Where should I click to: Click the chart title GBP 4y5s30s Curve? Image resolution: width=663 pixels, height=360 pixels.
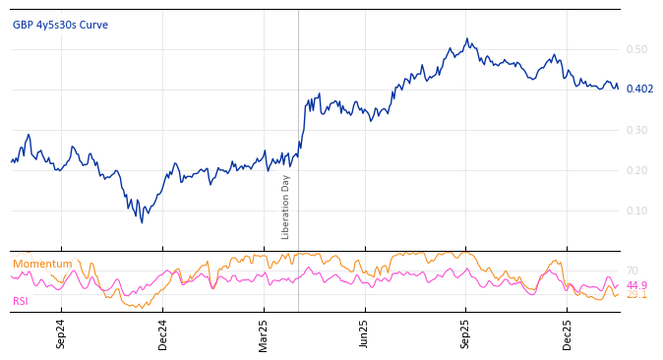pyautogui.click(x=60, y=25)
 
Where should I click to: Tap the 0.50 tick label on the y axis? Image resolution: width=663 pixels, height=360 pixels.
pyautogui.click(x=636, y=49)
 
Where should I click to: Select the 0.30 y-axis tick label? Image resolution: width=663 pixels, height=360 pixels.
pyautogui.click(x=636, y=130)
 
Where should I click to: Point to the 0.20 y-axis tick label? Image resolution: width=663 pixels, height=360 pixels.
pyautogui.click(x=636, y=170)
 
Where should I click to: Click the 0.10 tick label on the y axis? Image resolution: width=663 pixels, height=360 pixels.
pyautogui.click(x=636, y=210)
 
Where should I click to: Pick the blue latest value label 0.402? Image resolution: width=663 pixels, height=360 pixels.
pyautogui.click(x=639, y=90)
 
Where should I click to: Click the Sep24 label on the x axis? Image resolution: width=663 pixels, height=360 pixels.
pyautogui.click(x=61, y=333)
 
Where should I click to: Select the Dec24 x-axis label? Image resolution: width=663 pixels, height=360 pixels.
pyautogui.click(x=163, y=333)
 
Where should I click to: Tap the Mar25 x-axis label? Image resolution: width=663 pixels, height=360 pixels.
pyautogui.click(x=264, y=333)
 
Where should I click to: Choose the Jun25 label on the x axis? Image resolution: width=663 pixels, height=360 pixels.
pyautogui.click(x=365, y=333)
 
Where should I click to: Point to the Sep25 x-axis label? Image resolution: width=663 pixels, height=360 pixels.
pyautogui.click(x=466, y=333)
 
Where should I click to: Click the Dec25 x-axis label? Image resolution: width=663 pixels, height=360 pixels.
pyautogui.click(x=568, y=333)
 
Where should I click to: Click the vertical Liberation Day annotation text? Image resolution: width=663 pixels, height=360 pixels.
pyautogui.click(x=286, y=207)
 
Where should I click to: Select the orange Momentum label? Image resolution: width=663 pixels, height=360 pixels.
pyautogui.click(x=42, y=264)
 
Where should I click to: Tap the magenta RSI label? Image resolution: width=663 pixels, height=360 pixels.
pyautogui.click(x=21, y=301)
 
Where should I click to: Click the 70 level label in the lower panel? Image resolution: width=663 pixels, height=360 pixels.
pyautogui.click(x=632, y=270)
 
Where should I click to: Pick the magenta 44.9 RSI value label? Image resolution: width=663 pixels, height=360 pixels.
pyautogui.click(x=636, y=285)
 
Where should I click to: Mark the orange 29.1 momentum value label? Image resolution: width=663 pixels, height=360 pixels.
pyautogui.click(x=636, y=294)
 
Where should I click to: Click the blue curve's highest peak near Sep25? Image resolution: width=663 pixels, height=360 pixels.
pyautogui.click(x=467, y=39)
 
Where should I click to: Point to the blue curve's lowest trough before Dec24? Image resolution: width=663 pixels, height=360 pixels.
pyautogui.click(x=142, y=222)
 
